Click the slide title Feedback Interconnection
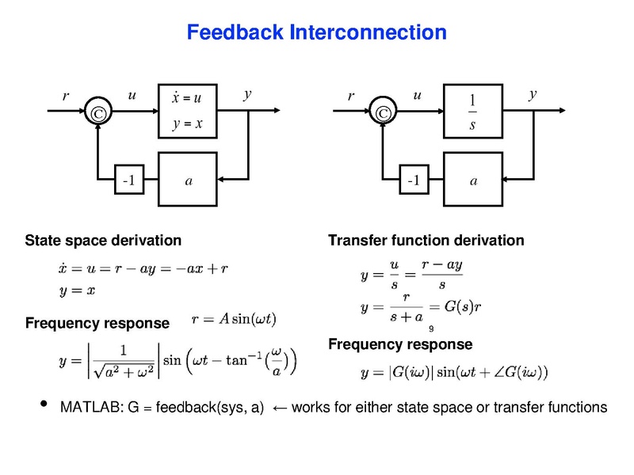316,33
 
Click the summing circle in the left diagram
98,114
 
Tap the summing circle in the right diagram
384,114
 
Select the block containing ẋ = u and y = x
188,110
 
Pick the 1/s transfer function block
473,110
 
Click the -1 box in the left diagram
128,181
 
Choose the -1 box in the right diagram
413,181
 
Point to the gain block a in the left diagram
188,181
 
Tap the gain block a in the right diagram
473,181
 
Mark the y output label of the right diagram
533,94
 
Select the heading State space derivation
104,240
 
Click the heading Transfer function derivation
426,240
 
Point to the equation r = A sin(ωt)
235,320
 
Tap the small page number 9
431,329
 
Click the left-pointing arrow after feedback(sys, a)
279,408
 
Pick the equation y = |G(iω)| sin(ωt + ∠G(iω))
454,370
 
